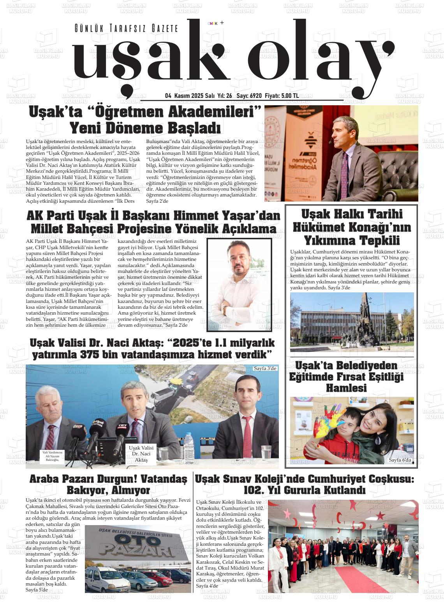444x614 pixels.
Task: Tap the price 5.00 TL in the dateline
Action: tap(290, 96)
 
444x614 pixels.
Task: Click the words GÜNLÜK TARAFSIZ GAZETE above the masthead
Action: tap(126, 28)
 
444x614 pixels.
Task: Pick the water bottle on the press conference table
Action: tap(189, 446)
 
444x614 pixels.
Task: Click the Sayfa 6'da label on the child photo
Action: tap(400, 460)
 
